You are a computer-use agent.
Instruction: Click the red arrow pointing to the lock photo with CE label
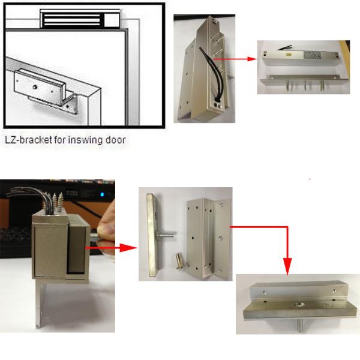[x=235, y=59]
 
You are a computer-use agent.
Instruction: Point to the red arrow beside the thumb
[x=111, y=248]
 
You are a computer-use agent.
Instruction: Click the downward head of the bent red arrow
[x=287, y=266]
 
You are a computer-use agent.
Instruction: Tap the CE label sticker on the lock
[x=312, y=56]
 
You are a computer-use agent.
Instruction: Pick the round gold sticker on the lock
[x=288, y=55]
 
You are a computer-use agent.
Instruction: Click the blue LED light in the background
[x=102, y=194]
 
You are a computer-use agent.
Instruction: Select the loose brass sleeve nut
[x=178, y=260]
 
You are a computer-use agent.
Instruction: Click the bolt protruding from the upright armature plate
[x=166, y=235]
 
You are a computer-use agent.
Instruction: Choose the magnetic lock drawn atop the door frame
[x=80, y=19]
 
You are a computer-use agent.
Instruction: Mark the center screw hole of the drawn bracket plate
[x=35, y=87]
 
